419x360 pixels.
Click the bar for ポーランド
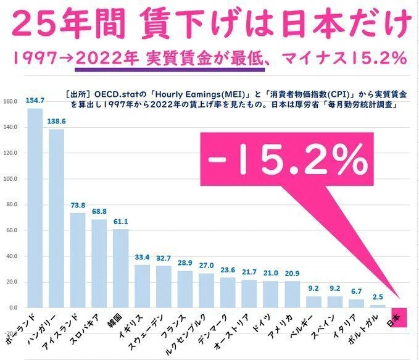35,208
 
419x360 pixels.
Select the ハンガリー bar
56,219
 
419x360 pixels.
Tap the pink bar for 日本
399,317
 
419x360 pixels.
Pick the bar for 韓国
120,269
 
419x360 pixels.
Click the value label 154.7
35,101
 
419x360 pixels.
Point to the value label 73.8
78,206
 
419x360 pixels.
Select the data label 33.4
142,257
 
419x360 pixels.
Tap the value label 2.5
378,297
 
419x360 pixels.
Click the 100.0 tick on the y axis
10,179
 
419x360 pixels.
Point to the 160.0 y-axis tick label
10,102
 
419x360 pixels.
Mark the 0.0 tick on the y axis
13,308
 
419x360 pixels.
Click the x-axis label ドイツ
262,323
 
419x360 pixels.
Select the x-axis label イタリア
345,326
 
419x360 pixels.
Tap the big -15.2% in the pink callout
288,159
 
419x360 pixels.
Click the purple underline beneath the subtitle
170,70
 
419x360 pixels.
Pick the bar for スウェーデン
164,287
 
